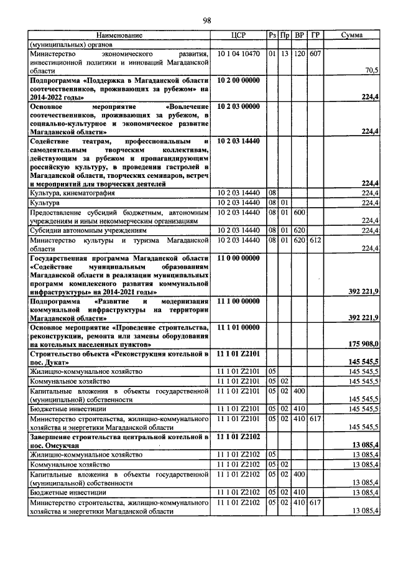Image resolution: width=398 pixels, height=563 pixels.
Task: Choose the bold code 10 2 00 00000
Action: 239,80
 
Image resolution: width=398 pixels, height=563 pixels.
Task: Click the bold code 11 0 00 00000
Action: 239,258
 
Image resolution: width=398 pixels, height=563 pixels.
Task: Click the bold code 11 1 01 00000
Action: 239,327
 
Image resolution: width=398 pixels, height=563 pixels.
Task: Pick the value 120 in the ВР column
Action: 300,54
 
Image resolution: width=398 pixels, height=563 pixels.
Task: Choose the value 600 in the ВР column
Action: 300,212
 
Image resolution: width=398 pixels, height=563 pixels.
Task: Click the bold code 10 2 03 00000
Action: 239,106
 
